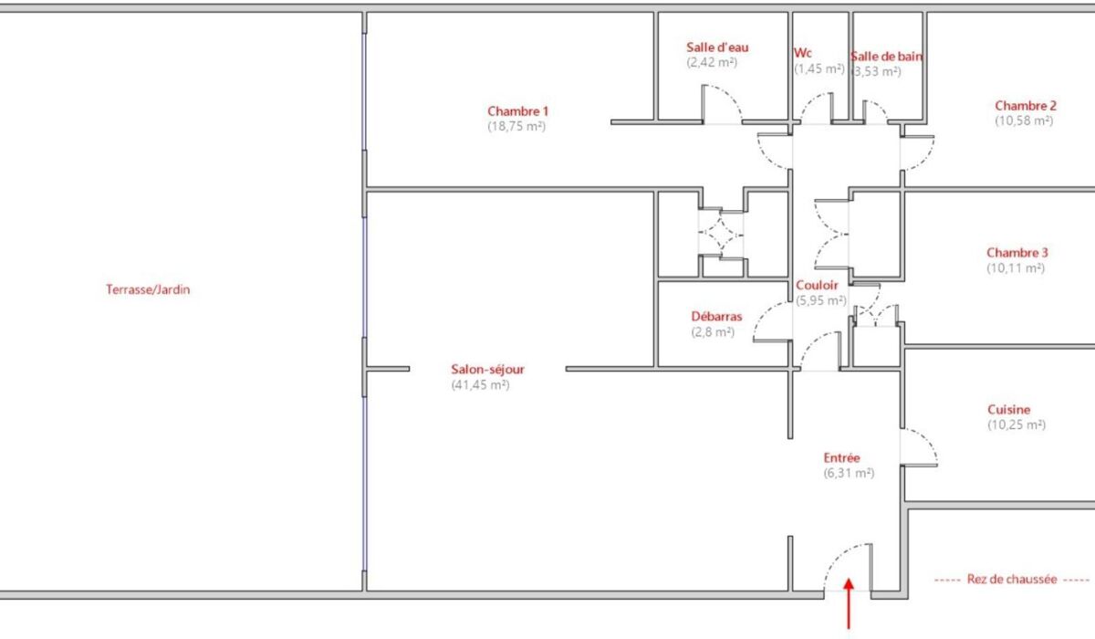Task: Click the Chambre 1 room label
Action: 517,111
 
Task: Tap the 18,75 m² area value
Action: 516,126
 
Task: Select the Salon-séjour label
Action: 487,369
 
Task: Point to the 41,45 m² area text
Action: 480,384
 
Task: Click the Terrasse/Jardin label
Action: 148,289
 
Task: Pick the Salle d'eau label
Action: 717,47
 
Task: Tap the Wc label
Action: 803,53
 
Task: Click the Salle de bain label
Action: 887,57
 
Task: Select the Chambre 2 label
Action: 1026,106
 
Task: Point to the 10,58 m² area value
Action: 1024,120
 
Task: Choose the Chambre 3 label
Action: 1017,253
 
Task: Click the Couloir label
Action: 817,285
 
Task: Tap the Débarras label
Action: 716,317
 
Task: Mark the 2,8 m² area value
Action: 713,332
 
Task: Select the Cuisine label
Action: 1008,410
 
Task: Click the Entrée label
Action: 841,458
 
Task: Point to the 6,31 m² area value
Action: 849,473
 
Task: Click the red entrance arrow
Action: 849,603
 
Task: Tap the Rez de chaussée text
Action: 1012,580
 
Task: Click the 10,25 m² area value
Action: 1017,424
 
